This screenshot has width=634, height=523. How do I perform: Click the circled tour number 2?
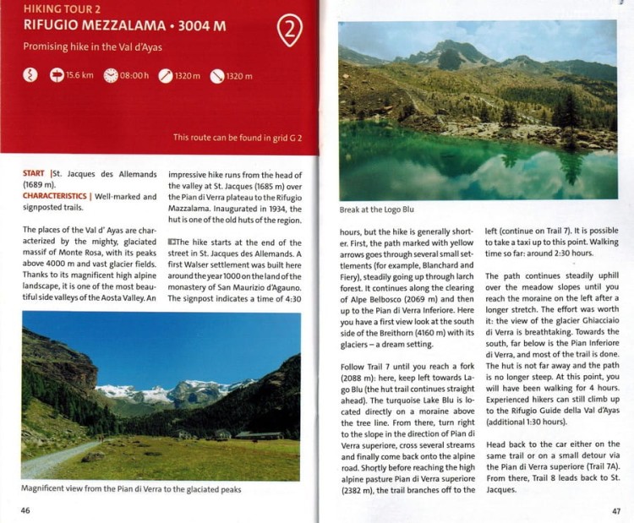[289, 31]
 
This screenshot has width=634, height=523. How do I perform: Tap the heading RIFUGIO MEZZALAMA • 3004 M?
[124, 25]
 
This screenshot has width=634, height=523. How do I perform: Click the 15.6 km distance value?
[79, 75]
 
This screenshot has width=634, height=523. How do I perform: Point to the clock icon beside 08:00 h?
[111, 75]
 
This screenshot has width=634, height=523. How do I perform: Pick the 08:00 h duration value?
[134, 75]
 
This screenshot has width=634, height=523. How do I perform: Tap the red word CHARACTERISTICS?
[55, 197]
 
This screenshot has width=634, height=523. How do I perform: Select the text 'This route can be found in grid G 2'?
[238, 136]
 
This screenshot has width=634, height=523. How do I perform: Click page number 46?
[26, 509]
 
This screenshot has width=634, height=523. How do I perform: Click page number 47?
[616, 509]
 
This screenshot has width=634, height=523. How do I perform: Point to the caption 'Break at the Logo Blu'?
[376, 210]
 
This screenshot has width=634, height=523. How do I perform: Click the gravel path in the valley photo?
[51, 463]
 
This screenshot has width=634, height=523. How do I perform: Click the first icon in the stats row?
[31, 75]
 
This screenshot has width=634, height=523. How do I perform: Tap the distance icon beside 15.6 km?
[57, 75]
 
